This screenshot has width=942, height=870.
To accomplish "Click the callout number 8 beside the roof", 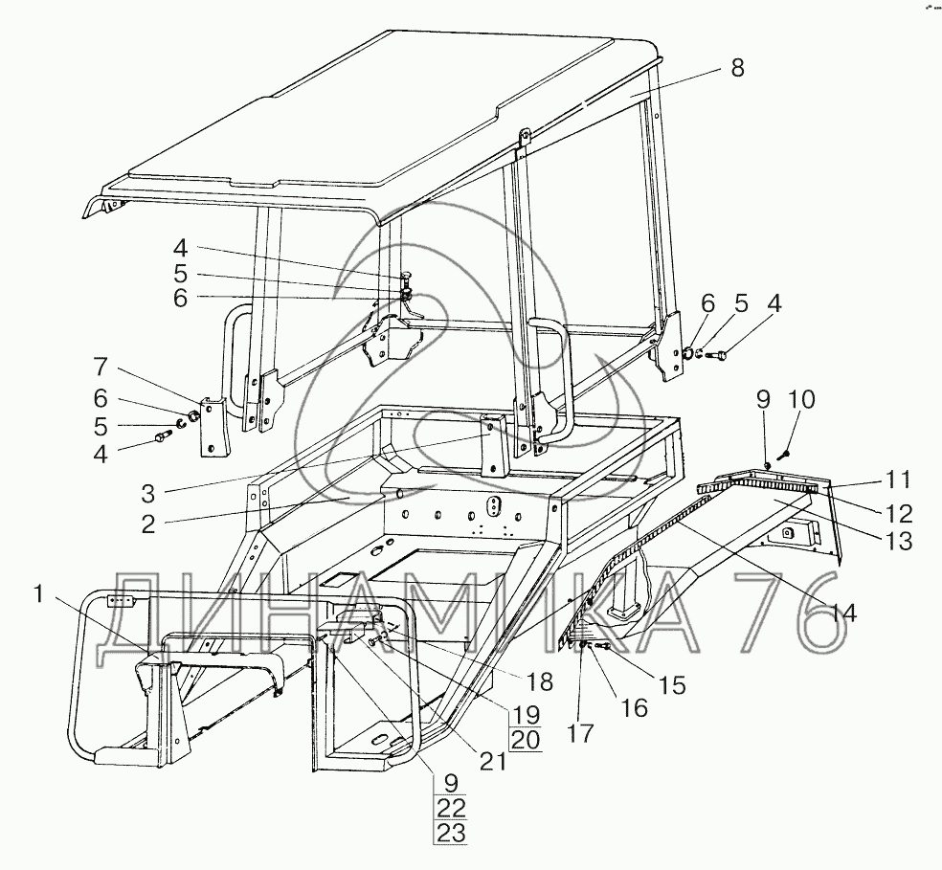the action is coord(737,68).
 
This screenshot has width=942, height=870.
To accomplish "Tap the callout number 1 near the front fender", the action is coord(38,594).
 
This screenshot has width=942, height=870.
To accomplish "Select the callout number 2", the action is coord(148,524).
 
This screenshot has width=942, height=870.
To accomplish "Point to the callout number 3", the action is coord(147,493).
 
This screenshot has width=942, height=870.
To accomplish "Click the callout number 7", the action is coord(101,368).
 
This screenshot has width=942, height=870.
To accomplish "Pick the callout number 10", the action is coord(799,400).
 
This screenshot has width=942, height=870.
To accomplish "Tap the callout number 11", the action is coord(898,480).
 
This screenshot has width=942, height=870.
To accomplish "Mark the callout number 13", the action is coord(898,542).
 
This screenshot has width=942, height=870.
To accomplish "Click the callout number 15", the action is coord(671,685).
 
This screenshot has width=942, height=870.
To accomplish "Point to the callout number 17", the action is coord(580,733).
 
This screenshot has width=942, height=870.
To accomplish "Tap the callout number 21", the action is coord(492,761).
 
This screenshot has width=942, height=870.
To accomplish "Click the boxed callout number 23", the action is coord(452,834).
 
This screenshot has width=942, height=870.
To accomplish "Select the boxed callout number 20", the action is coord(526,740).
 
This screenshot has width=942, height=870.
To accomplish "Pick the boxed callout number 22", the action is coord(452,808).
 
